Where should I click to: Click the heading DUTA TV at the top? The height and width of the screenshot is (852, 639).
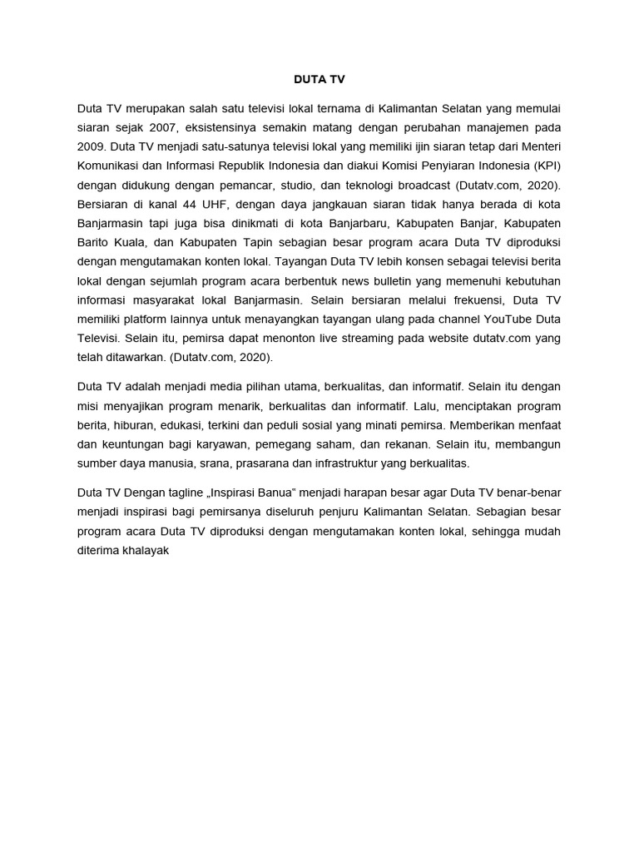[319, 80]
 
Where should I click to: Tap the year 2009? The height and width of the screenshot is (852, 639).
[92, 146]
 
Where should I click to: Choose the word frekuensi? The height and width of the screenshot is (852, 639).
[465, 299]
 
